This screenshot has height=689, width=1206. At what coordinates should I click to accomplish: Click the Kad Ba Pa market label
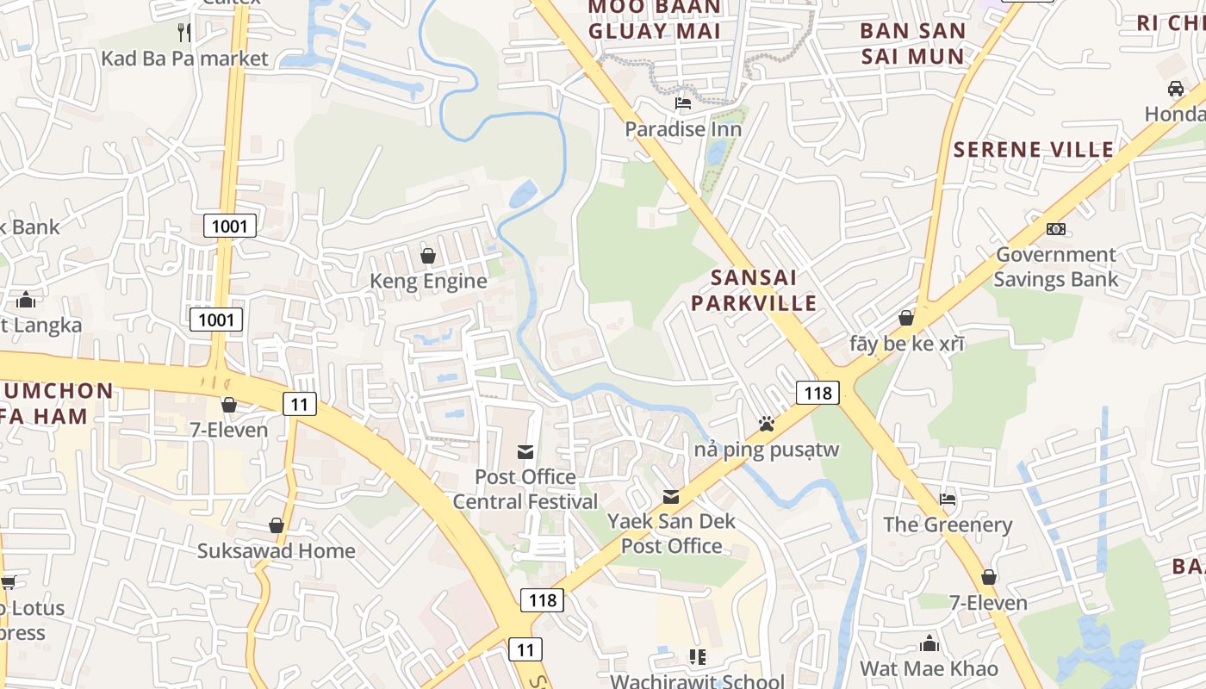click(185, 59)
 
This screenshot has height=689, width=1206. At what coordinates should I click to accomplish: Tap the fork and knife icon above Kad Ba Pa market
click(183, 33)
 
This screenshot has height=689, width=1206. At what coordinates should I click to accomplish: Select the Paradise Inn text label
click(683, 129)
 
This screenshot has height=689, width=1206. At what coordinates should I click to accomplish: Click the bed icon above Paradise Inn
click(683, 103)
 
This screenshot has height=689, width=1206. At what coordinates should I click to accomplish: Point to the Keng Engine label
click(428, 282)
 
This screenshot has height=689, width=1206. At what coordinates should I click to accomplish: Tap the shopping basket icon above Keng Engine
click(427, 256)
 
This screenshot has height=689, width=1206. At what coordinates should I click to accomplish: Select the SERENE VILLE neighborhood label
click(1033, 150)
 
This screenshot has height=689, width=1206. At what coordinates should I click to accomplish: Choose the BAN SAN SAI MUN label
click(912, 44)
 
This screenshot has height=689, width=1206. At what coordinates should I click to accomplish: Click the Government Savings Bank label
click(1056, 267)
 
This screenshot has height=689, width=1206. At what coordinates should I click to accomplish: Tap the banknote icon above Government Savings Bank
click(1055, 229)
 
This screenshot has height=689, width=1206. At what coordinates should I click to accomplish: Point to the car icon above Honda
click(1176, 89)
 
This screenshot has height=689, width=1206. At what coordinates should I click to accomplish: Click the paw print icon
click(766, 424)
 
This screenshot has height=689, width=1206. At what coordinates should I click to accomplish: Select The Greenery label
click(948, 525)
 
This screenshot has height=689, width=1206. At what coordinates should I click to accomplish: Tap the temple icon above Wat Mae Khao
click(929, 643)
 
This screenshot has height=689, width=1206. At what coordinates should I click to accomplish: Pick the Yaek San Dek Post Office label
click(672, 533)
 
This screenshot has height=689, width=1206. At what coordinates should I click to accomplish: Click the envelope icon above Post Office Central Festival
click(525, 451)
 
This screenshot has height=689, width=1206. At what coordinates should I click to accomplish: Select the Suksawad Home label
click(277, 551)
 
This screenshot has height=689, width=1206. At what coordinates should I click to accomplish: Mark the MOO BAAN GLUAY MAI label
click(655, 20)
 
